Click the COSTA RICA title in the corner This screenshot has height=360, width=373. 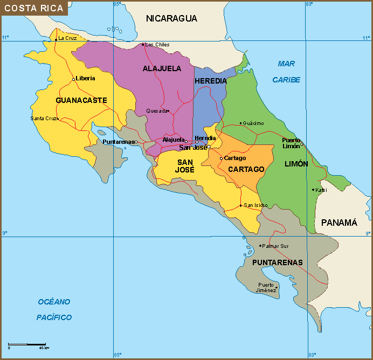click(34, 8)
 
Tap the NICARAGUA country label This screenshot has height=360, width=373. click(171, 18)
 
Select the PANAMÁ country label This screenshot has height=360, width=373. click(339, 223)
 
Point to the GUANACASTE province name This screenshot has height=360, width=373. click(81, 100)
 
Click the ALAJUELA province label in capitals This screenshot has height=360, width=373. click(162, 68)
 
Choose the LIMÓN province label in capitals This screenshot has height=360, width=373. click(296, 164)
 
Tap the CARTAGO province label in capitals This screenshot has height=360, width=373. click(246, 169)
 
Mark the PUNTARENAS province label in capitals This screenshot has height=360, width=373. click(277, 262)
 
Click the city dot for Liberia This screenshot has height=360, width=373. click(73, 79)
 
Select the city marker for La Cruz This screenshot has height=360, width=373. click(56, 39)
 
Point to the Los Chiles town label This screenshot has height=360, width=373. click(158, 45)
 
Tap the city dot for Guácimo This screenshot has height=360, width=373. click(240, 123)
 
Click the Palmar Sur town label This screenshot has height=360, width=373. click(276, 246)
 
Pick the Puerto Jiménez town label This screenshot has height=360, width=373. click(266, 287)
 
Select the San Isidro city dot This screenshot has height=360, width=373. click(240, 205)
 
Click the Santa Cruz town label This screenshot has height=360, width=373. click(43, 119)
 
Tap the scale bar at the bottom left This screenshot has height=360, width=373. click(26, 343)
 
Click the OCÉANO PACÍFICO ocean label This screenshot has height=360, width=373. click(54, 309)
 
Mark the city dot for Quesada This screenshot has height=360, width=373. click(168, 111)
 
